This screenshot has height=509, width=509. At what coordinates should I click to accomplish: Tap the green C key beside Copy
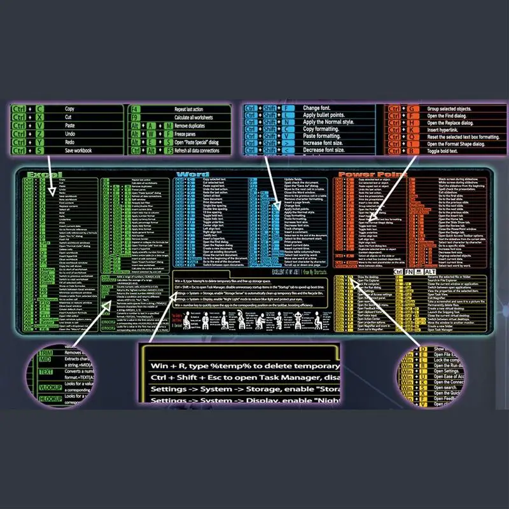[x=39, y=109]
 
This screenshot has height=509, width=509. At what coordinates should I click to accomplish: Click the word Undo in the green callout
[x=70, y=134]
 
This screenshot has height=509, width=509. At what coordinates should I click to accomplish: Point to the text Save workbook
[x=80, y=150]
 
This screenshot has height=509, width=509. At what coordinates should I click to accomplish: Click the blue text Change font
[x=317, y=108]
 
